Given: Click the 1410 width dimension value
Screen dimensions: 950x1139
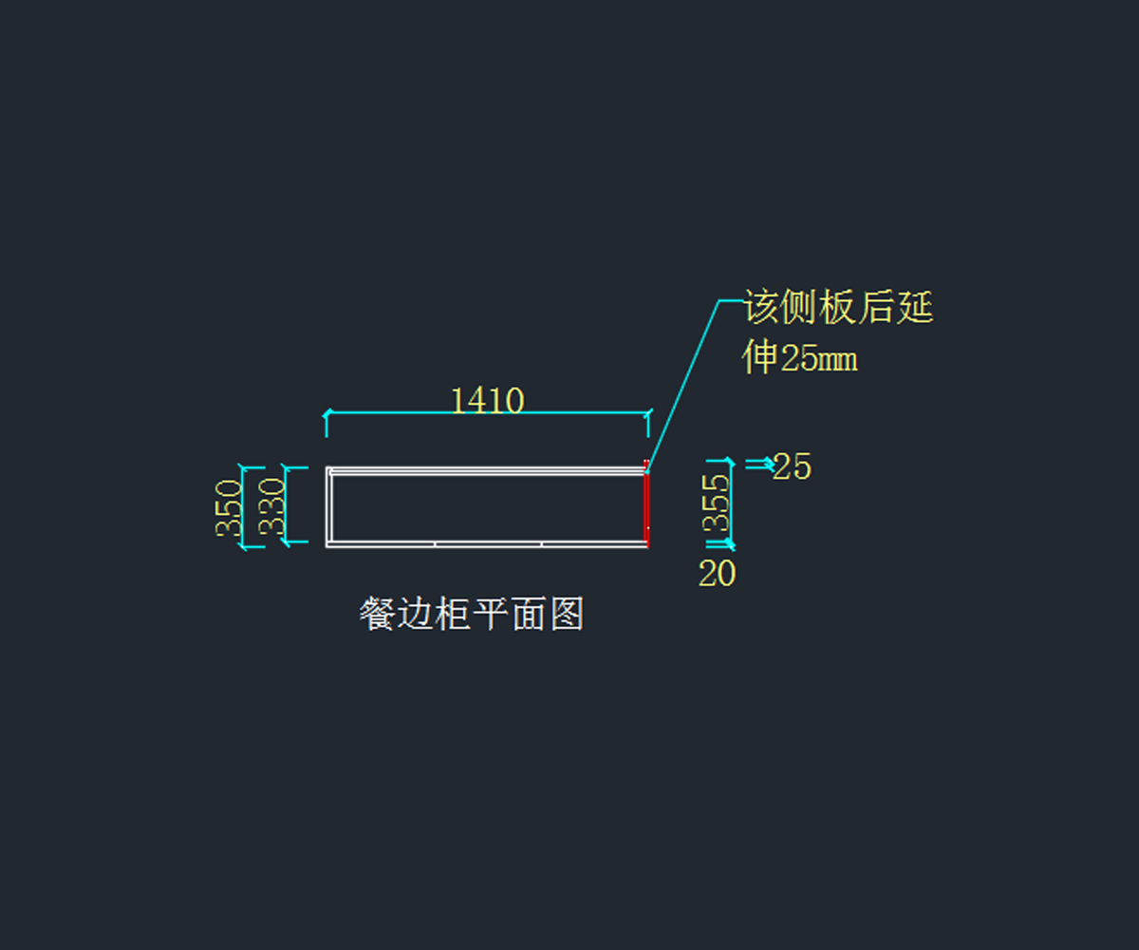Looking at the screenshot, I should pos(487,401).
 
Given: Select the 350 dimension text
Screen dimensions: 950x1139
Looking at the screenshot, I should pos(229,508).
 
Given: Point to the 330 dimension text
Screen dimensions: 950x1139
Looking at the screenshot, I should pos(271,507).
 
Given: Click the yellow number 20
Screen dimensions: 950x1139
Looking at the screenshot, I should pos(717,574).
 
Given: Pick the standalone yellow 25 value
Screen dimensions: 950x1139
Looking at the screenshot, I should pos(792,466).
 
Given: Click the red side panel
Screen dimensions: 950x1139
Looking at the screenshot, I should pos(646,508).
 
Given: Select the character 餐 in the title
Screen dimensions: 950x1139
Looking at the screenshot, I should pos(377,615).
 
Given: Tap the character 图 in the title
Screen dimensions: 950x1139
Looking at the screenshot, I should pos(566,615).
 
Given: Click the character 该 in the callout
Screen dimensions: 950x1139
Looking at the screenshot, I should pos(761,308).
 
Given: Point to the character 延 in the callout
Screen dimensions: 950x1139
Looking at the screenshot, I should pos(916,308).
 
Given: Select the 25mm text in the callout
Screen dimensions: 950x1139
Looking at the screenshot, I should pos(818,358).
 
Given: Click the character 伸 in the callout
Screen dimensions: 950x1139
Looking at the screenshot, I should pos(760,357).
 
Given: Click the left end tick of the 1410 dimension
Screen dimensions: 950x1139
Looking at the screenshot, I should pos(327,413).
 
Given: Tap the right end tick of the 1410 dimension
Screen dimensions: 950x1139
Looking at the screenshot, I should pos(649,413).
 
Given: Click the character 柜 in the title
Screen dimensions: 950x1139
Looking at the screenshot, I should pos(452,615).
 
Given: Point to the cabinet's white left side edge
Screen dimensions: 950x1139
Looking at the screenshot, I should pos(327,507).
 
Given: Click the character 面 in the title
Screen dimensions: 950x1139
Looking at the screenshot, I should pos(528,615).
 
